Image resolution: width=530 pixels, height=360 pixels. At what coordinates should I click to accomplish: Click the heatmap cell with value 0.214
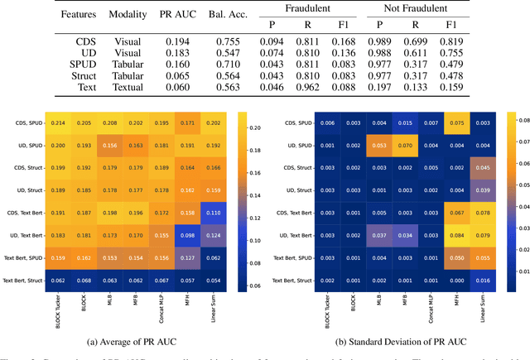(x=58, y=122)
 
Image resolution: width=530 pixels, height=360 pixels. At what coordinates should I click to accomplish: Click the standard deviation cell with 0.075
(x=455, y=122)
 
